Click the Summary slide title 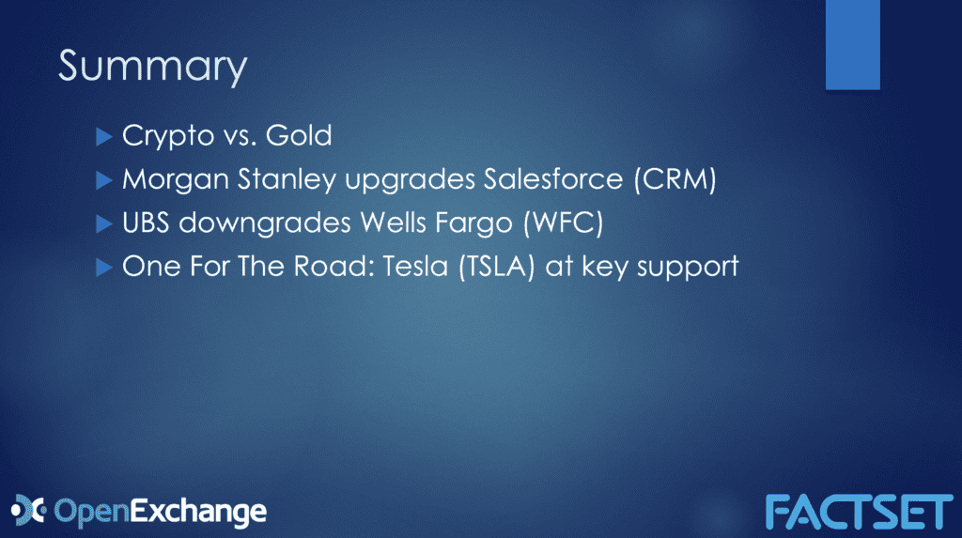(153, 68)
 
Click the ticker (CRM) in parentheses (675, 179)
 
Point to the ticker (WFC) (564, 223)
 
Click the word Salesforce (552, 178)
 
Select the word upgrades (410, 180)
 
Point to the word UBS (146, 223)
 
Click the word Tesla (415, 267)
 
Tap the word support (688, 269)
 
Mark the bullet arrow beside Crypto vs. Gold (104, 137)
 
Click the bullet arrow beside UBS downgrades (104, 223)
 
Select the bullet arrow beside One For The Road (104, 268)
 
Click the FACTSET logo (859, 512)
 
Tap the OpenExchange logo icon (28, 511)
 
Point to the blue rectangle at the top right (853, 45)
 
